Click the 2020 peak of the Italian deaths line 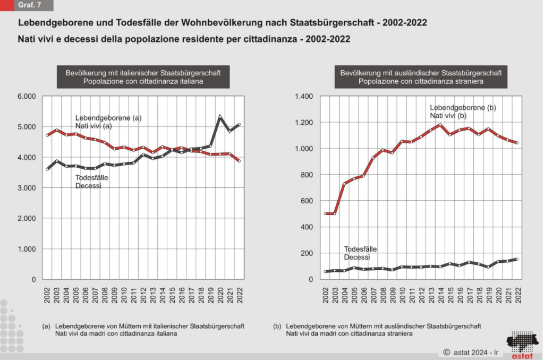tap(220, 117)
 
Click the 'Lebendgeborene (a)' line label tap(109, 118)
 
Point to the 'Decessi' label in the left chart tap(88, 186)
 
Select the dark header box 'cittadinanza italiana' tap(143, 77)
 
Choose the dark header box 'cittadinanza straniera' tap(420, 77)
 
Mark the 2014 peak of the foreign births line tap(440, 125)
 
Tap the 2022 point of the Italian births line tap(239, 161)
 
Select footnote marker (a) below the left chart tap(46, 326)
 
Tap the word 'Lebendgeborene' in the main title tap(51, 23)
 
